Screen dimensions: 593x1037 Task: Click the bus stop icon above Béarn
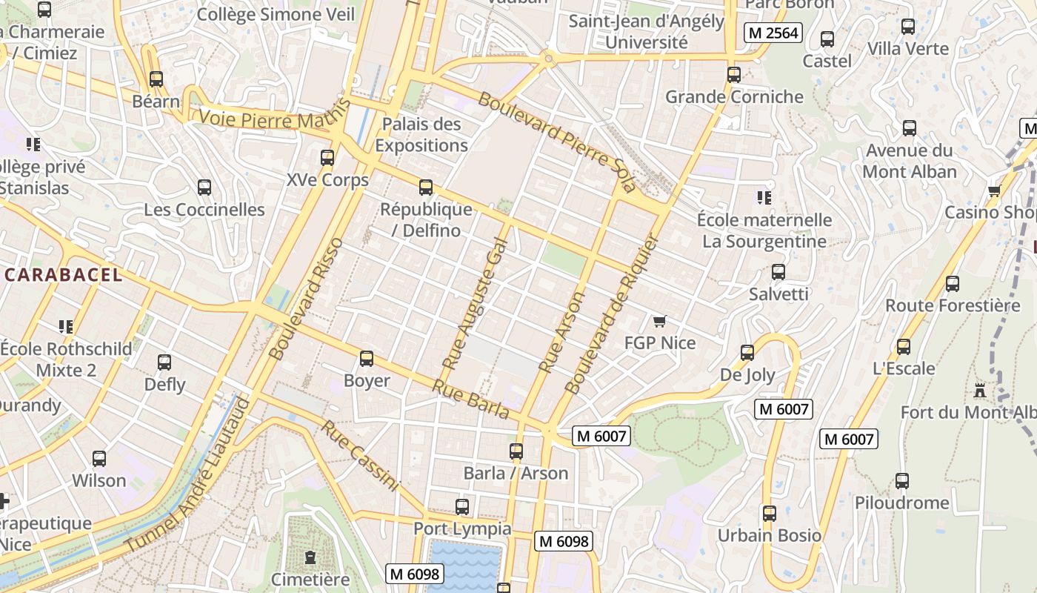156,79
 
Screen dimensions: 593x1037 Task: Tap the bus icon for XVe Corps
327,157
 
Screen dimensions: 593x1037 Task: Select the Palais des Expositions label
421,135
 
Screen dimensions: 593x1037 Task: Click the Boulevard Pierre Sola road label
557,142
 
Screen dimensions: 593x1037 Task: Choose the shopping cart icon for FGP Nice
660,321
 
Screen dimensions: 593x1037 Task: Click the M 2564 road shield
773,33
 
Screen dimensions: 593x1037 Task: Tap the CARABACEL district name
64,275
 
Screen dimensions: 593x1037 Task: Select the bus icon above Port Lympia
462,507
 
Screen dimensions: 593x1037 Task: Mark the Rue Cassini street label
360,456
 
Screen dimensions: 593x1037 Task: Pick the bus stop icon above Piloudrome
901,480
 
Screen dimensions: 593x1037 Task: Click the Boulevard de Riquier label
612,314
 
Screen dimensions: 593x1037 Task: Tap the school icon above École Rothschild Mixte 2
66,326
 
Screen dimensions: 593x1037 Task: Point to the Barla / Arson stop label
516,473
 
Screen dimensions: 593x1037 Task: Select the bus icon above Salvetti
778,272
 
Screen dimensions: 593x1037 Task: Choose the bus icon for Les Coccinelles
204,188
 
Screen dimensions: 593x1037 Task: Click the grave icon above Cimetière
310,557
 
